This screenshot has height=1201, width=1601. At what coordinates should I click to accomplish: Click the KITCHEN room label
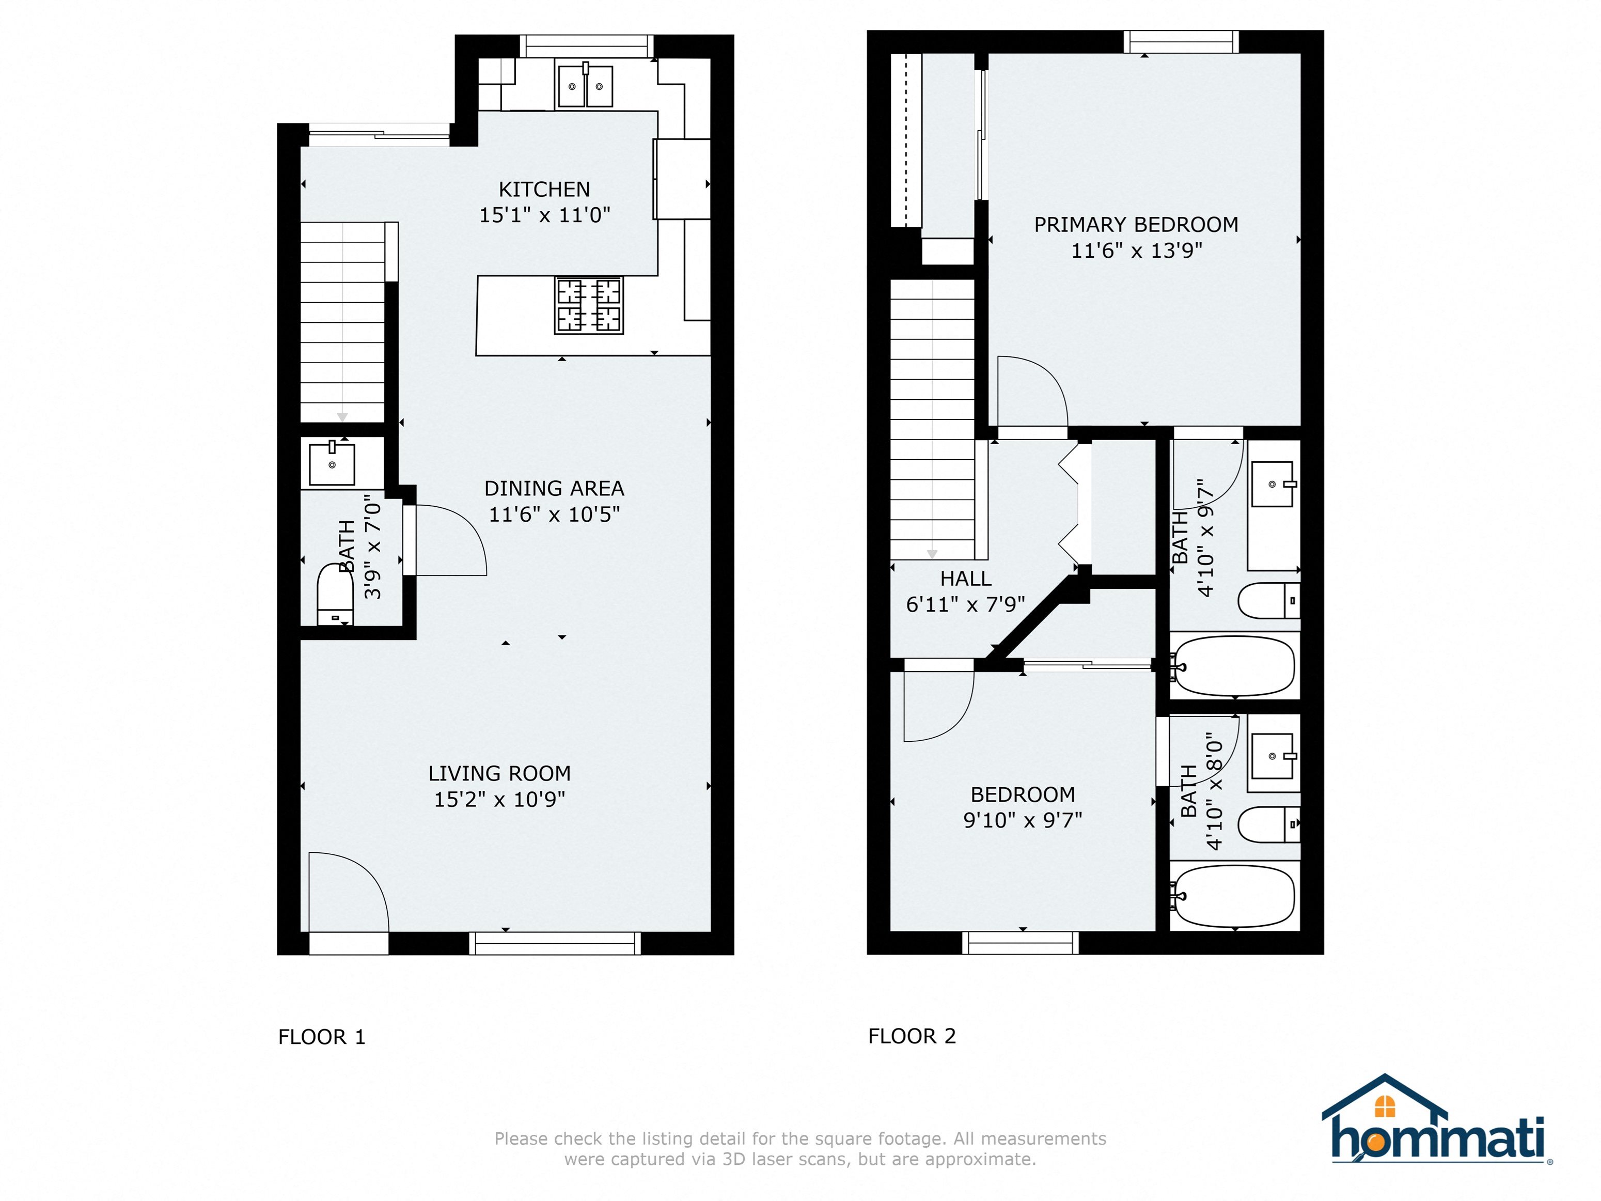[x=544, y=190]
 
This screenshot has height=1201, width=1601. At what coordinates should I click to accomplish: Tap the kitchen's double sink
[x=585, y=85]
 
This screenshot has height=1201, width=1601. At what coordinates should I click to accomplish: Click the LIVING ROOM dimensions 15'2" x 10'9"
[x=499, y=799]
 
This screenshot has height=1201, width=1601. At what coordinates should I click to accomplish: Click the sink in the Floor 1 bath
[x=332, y=463]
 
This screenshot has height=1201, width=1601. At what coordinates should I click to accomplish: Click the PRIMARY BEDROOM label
[x=1136, y=225]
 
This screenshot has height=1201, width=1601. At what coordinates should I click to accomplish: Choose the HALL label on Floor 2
[x=966, y=579]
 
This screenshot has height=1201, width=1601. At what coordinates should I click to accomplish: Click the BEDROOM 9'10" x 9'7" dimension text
[x=1022, y=820]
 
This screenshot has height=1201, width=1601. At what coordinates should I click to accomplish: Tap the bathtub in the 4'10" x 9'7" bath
[x=1233, y=666]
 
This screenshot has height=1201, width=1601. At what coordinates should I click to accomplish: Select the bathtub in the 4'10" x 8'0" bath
[x=1233, y=896]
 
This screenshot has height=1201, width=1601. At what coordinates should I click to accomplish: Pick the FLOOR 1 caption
[x=322, y=1037]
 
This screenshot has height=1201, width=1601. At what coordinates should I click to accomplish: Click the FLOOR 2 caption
[x=912, y=1037]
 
